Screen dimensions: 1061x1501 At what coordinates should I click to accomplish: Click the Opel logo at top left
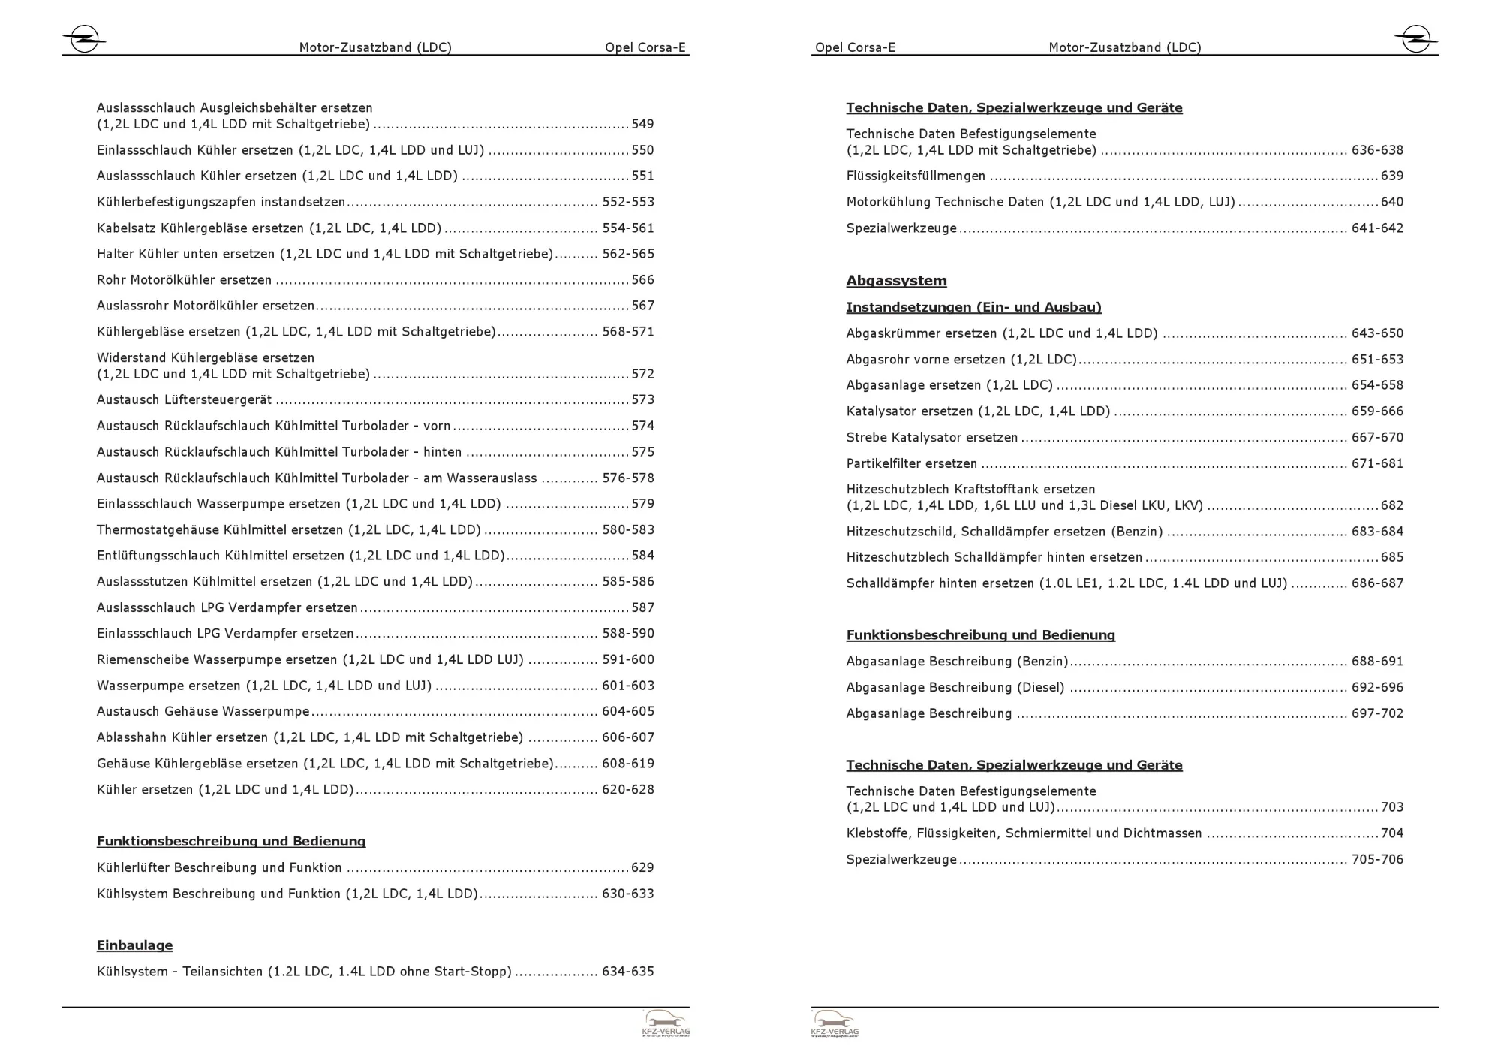[x=83, y=38]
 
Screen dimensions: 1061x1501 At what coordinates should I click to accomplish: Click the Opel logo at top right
[x=1415, y=38]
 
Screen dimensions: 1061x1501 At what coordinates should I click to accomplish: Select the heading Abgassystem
[x=896, y=281]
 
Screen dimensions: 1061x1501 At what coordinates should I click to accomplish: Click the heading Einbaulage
[x=134, y=945]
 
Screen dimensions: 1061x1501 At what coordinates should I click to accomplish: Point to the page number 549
[x=642, y=124]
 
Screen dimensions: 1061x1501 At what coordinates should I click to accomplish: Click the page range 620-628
[x=627, y=789]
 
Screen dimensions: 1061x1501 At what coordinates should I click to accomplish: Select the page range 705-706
[x=1377, y=859]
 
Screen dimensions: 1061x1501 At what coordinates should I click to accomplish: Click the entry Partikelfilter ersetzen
[x=911, y=463]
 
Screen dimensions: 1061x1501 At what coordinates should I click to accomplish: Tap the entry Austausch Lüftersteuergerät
[x=184, y=399]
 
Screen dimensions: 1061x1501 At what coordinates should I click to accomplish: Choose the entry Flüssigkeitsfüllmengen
[x=916, y=176]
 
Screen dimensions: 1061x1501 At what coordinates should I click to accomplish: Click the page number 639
[x=1391, y=176]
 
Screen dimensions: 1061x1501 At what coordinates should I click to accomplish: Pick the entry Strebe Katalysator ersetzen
[x=931, y=437]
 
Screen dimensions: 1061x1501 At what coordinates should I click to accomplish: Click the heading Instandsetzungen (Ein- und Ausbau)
[x=973, y=307]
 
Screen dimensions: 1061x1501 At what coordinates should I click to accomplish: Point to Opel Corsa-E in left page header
[x=645, y=47]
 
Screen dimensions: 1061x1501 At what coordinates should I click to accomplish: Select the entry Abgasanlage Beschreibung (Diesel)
[x=955, y=687]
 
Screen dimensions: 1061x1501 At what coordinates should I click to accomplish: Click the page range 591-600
[x=627, y=659]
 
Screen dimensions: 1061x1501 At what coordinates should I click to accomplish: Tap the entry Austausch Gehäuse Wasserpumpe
[x=203, y=711]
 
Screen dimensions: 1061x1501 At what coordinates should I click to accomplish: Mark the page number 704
[x=1391, y=833]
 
